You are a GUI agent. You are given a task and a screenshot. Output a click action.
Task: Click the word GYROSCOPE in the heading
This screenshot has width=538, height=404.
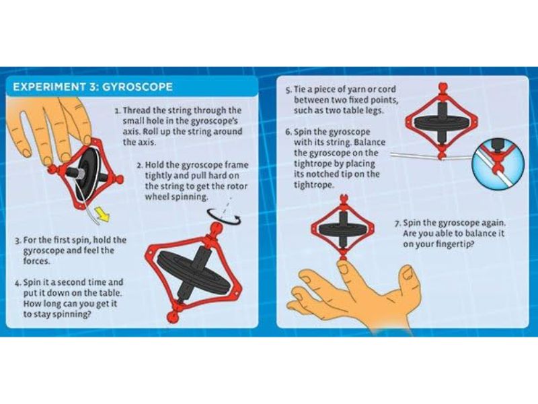tap(138, 87)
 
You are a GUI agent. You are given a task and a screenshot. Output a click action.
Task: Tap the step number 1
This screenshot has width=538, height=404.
tap(118, 111)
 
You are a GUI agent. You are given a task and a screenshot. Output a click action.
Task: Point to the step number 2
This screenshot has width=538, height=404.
tap(140, 166)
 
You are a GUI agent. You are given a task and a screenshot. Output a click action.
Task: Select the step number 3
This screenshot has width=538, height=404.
tap(18, 240)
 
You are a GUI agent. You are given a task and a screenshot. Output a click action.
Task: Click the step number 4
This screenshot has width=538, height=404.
tap(18, 283)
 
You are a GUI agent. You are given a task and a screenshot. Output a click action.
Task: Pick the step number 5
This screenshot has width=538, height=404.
tap(289, 90)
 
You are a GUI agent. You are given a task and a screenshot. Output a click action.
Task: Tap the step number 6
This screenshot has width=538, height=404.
tap(289, 133)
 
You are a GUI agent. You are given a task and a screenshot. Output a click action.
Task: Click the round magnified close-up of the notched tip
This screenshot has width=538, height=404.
tap(498, 164)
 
